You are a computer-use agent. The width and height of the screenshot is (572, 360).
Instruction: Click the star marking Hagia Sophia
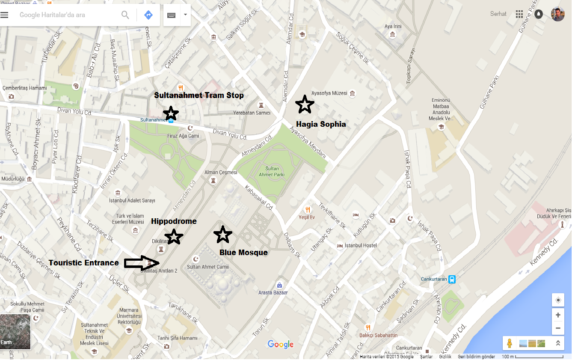[x=305, y=104]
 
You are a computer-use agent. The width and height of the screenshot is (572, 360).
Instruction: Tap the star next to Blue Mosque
[x=222, y=234]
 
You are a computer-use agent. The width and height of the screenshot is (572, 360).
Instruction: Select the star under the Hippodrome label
[x=174, y=236]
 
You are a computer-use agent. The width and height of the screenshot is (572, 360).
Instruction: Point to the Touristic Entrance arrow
[x=142, y=263]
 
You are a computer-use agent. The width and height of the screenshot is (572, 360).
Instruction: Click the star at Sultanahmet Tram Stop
[x=171, y=113]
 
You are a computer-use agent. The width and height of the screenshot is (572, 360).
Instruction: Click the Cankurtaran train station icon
[x=452, y=279]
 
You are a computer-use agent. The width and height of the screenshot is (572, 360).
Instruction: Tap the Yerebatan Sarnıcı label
[x=252, y=113]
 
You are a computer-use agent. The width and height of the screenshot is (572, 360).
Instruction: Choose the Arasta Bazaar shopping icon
[x=279, y=285]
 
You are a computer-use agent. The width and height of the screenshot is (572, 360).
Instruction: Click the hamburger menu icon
[x=5, y=15]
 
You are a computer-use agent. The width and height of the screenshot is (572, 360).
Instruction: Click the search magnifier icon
[x=125, y=15]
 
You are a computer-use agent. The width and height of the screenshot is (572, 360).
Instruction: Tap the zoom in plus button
[x=558, y=315]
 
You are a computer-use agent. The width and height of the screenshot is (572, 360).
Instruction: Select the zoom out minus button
[x=558, y=329]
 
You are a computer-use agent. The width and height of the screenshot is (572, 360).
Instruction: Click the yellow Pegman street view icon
[x=510, y=343]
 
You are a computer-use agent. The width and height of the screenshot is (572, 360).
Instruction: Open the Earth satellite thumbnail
[x=15, y=332]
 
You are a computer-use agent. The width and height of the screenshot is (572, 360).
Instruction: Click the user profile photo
[x=557, y=14]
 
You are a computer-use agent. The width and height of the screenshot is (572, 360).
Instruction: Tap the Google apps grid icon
[x=519, y=14]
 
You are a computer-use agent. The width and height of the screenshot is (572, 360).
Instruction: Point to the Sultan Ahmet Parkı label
[x=272, y=171]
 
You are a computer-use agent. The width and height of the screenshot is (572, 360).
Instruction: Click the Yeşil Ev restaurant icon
[x=308, y=209]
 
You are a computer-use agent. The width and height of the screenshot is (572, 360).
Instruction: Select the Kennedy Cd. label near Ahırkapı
[x=544, y=252]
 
